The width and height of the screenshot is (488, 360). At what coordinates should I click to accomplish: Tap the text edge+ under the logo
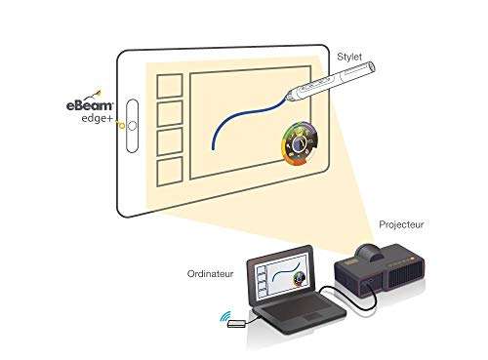(97, 118)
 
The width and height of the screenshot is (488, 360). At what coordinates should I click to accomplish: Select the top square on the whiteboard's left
(171, 84)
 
